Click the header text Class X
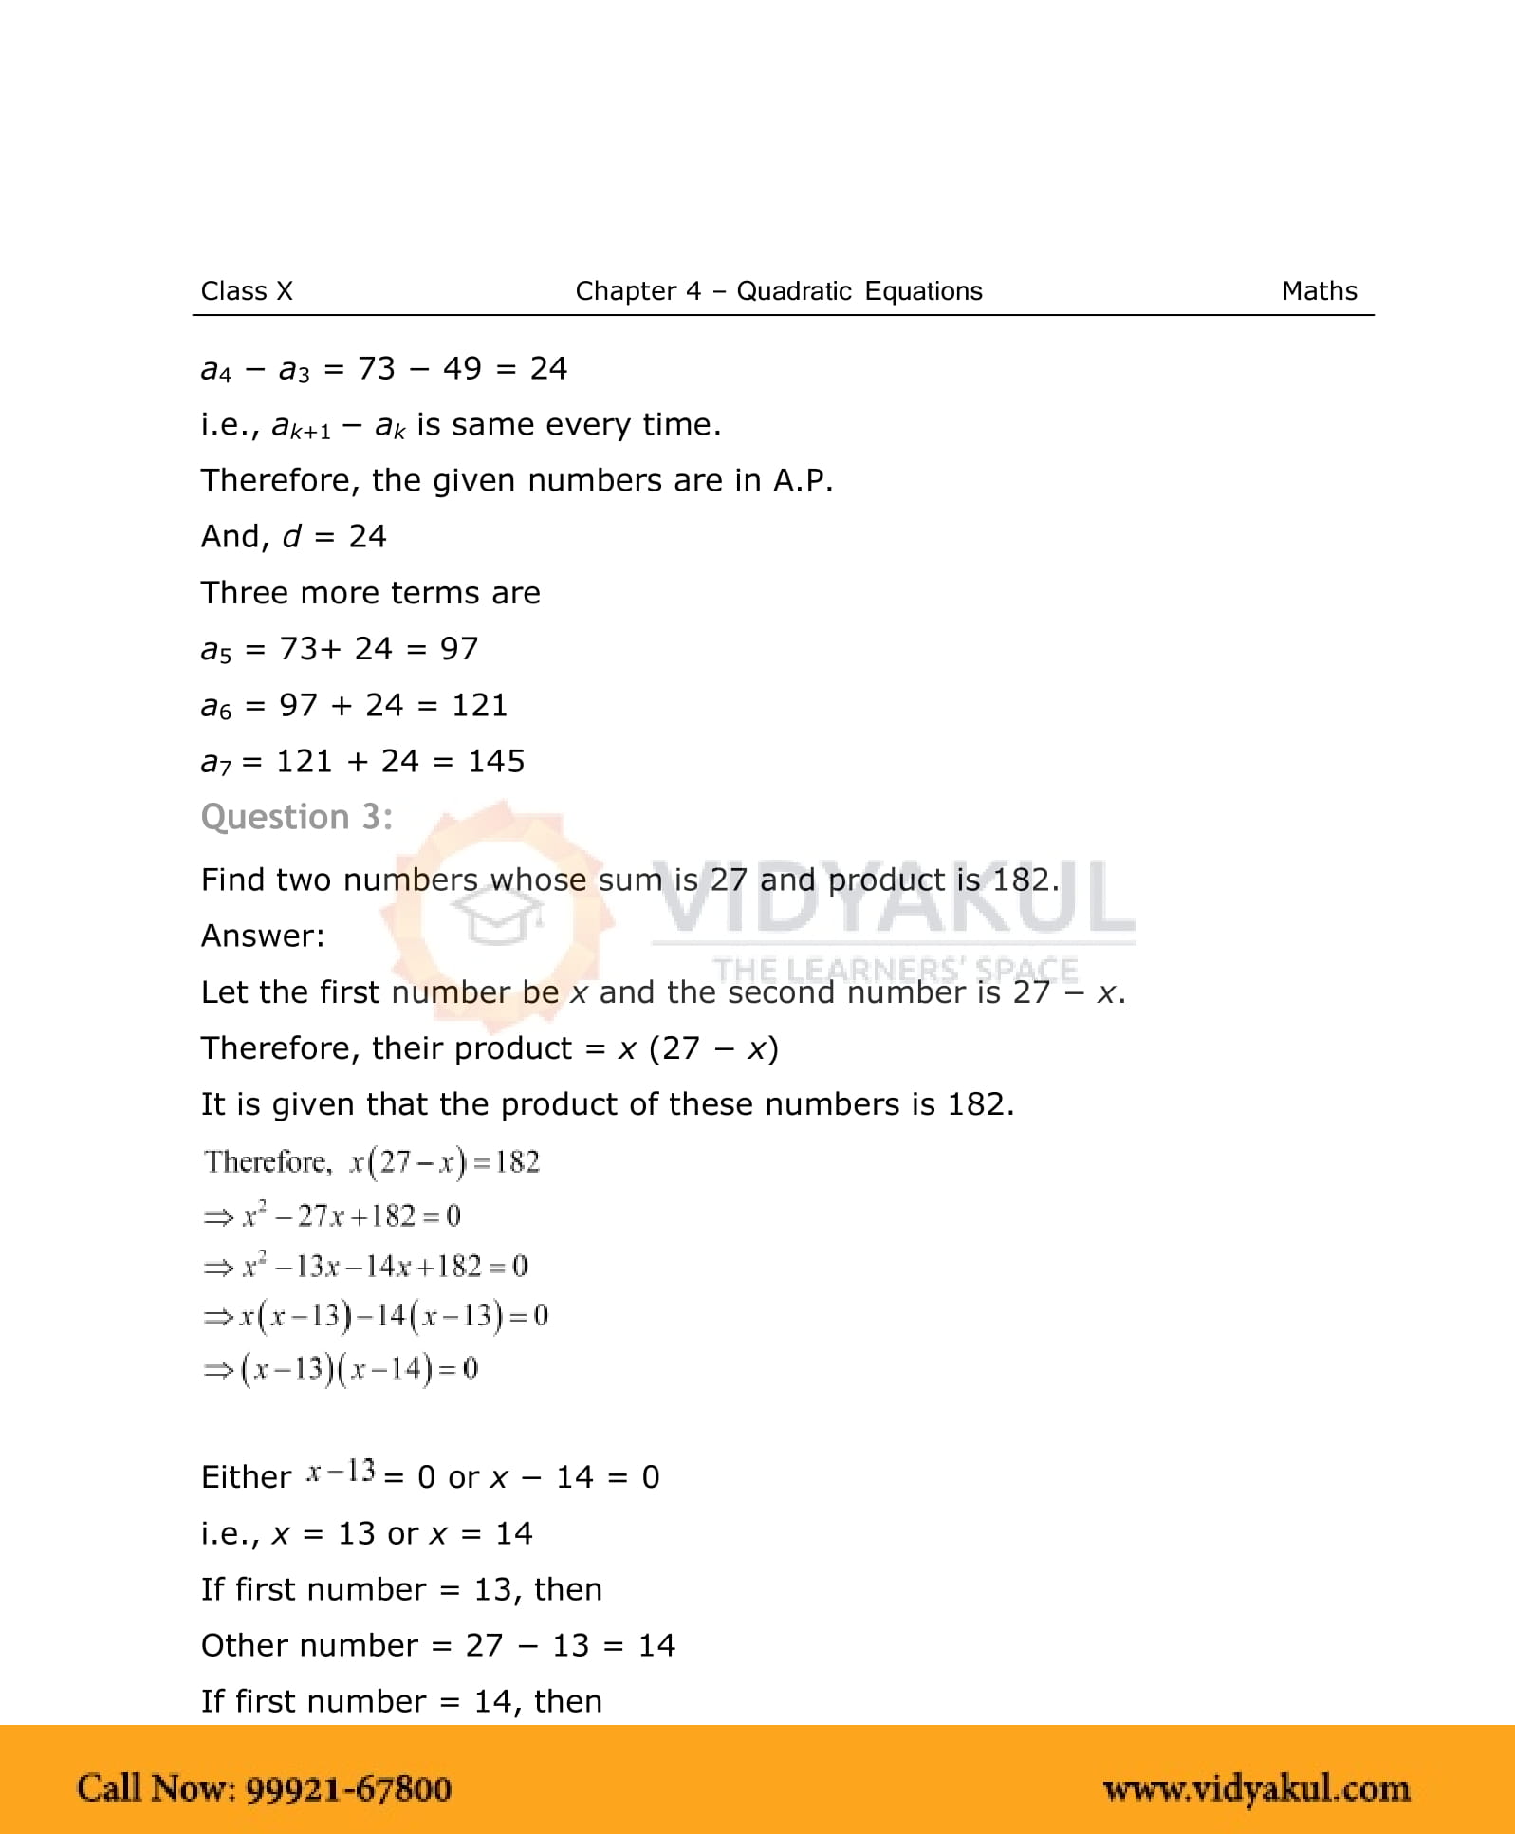click(247, 291)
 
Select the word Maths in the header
click(1319, 291)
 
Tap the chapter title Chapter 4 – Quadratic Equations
click(778, 291)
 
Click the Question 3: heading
click(297, 817)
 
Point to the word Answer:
click(263, 936)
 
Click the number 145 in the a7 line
click(496, 761)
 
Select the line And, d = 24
click(293, 537)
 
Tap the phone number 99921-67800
click(348, 1789)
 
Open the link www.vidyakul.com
click(1256, 1789)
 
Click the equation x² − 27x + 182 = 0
click(332, 1216)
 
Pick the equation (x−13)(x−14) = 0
click(341, 1369)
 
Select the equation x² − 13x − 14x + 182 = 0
click(365, 1267)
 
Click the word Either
click(246, 1477)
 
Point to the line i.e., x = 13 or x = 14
click(366, 1533)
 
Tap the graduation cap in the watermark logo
click(497, 917)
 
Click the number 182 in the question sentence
click(1024, 880)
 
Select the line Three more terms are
click(370, 593)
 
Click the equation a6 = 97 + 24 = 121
click(354, 706)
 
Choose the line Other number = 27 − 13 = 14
click(437, 1645)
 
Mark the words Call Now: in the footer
click(156, 1789)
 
